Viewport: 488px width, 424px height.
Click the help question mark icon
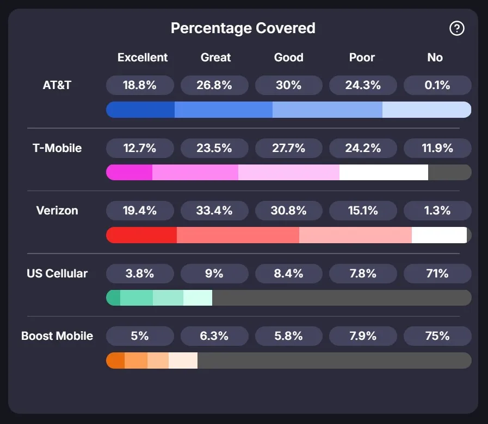click(x=457, y=28)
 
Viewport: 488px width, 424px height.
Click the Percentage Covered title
click(x=243, y=28)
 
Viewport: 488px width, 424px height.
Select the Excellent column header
click(x=143, y=58)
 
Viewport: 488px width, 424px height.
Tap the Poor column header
click(x=362, y=58)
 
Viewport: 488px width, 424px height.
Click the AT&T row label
click(x=57, y=85)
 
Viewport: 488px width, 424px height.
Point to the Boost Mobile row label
click(x=57, y=336)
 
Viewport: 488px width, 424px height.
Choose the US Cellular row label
click(x=57, y=274)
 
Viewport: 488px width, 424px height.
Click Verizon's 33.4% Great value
click(x=214, y=211)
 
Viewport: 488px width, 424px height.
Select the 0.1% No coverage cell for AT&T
click(x=437, y=85)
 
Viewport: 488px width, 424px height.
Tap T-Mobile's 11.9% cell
click(x=437, y=148)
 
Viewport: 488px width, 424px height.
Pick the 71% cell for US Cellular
click(x=437, y=274)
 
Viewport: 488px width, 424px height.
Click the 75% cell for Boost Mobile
click(x=437, y=336)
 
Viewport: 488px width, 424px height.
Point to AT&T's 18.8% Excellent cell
click(x=140, y=85)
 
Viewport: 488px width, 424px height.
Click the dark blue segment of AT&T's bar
click(x=140, y=110)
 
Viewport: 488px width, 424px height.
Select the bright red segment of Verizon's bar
click(x=141, y=235)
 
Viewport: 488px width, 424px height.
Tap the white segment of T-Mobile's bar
click(x=384, y=173)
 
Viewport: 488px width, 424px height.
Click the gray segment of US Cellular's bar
click(x=341, y=298)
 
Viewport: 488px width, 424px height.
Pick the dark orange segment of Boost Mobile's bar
click(x=115, y=360)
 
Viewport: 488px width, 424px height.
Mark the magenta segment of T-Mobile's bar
click(x=129, y=173)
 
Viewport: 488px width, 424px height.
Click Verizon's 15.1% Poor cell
click(x=363, y=211)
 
